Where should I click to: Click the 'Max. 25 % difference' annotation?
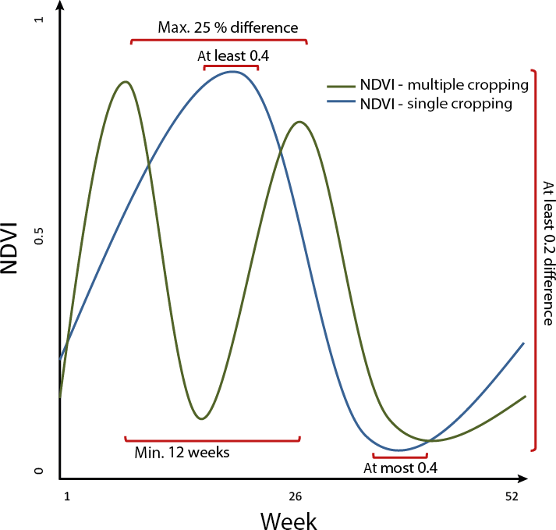228,28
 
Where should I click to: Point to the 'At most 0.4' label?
401,468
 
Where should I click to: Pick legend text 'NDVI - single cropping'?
437,104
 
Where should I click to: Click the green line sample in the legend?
341,85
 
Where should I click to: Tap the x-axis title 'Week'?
289,518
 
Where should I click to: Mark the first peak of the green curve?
125,81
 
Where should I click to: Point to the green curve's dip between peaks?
201,418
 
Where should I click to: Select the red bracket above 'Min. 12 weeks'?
212,439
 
